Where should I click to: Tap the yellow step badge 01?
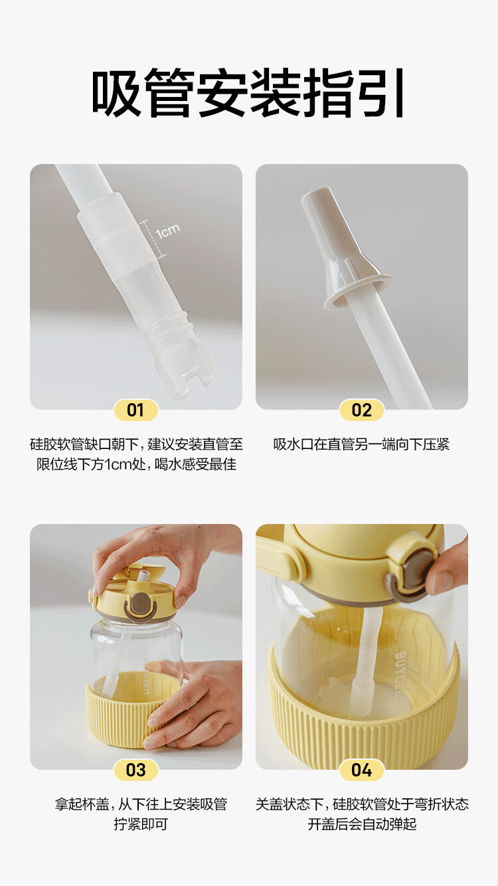click(x=135, y=410)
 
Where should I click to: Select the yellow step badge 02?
click(x=361, y=410)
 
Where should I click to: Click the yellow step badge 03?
click(x=135, y=770)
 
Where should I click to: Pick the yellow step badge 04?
click(x=361, y=770)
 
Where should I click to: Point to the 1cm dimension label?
click(x=168, y=231)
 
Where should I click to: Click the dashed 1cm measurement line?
click(x=153, y=239)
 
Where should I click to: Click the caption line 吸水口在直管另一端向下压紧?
click(x=361, y=444)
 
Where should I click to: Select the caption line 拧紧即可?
click(x=141, y=824)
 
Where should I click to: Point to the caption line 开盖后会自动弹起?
click(x=362, y=824)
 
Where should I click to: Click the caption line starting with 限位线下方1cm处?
click(x=136, y=464)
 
